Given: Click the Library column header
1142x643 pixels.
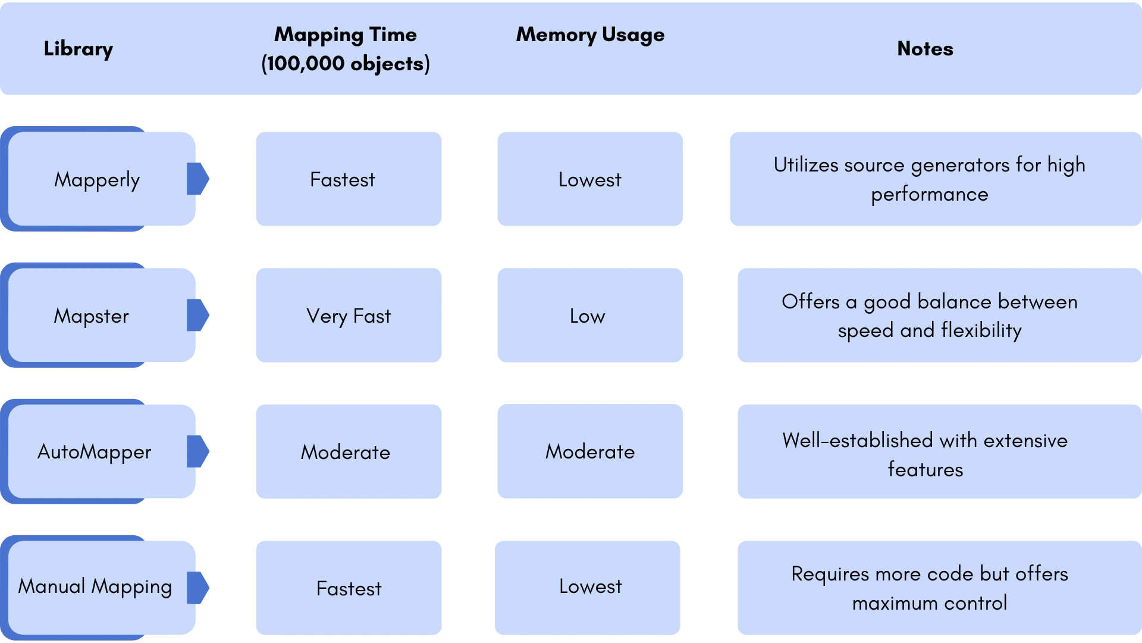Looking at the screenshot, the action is [x=78, y=49].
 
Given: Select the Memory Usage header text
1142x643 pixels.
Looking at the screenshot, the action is [x=590, y=35].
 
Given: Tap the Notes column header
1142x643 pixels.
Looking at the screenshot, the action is [x=925, y=49].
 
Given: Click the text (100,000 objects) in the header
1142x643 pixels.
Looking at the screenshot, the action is [x=346, y=64].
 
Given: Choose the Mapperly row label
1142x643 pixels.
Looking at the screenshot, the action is [x=97, y=180].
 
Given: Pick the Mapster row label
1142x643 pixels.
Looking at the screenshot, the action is [x=92, y=316].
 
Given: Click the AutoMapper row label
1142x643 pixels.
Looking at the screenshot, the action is [x=95, y=452].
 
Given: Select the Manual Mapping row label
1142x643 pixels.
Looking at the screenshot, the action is [x=95, y=587].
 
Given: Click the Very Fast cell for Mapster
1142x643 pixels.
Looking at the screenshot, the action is [x=349, y=316].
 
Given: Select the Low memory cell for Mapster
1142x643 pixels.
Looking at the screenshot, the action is [x=590, y=316].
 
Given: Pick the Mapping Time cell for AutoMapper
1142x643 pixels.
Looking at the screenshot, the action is [x=349, y=452].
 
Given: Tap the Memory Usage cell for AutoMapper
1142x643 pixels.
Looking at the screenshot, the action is [x=590, y=451].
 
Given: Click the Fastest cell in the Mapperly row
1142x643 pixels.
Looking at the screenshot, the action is [x=349, y=179].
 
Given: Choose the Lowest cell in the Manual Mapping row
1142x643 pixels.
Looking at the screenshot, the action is [x=588, y=588].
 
